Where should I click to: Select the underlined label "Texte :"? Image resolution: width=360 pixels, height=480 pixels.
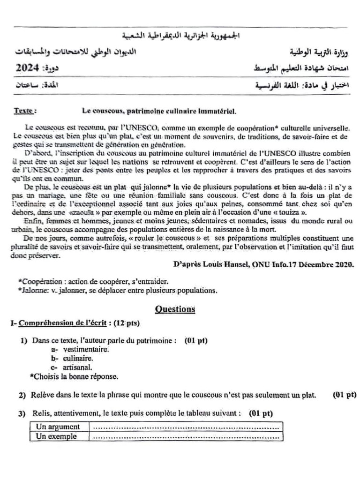(x=24, y=112)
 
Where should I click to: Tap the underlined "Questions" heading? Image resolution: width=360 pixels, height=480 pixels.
(x=175, y=309)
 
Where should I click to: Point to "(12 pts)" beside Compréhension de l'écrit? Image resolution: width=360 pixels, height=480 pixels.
(x=127, y=323)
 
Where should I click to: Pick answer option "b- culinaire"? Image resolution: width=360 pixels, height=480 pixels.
(x=74, y=358)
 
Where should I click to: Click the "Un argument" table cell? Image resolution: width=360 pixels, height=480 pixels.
(x=57, y=427)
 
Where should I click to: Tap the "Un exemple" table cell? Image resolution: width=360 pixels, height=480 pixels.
(x=56, y=436)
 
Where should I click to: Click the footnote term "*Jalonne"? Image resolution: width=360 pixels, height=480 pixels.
(x=32, y=290)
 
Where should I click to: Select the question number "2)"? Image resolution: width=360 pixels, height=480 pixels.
(x=22, y=396)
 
